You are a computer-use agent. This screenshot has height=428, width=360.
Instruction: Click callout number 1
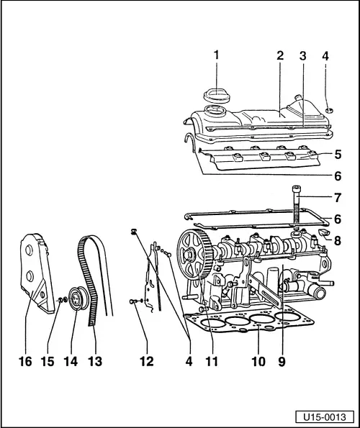(215, 55)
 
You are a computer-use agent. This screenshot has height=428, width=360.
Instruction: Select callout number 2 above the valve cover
(280, 55)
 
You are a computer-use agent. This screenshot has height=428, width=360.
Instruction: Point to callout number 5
(337, 155)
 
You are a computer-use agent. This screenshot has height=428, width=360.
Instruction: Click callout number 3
(305, 55)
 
